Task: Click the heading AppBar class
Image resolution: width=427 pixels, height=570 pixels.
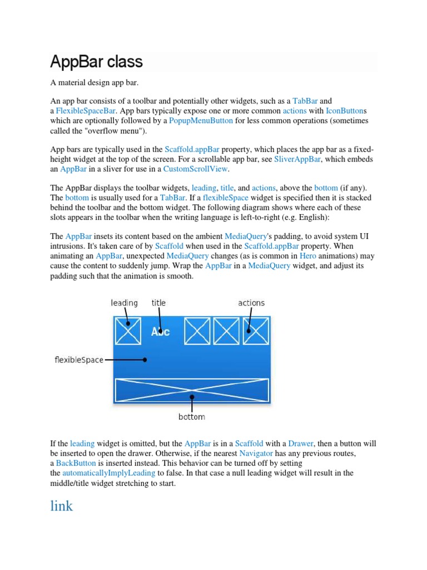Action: coord(96,61)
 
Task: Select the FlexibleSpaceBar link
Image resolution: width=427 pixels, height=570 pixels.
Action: coord(86,111)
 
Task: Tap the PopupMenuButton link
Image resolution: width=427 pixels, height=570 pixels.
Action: coord(201,120)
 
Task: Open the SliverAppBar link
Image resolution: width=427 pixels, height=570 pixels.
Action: coord(297,159)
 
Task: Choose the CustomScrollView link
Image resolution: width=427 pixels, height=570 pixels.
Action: coord(196,169)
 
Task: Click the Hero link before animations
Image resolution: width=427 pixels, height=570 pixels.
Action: coord(307,256)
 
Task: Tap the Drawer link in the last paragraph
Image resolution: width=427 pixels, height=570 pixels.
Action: coord(301,444)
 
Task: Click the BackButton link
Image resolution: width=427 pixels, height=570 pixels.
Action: coord(76,463)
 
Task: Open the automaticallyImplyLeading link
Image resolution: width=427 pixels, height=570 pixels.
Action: coord(108,473)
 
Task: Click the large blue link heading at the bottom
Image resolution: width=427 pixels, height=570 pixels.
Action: coord(61,506)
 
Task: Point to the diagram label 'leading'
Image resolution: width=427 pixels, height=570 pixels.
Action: coord(124,303)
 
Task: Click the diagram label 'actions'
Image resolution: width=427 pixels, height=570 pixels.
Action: coord(251,303)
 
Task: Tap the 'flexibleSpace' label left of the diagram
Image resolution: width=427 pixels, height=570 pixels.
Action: coord(79,360)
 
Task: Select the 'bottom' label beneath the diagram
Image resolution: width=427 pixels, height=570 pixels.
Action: coord(191,417)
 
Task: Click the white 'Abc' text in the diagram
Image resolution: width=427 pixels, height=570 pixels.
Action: coord(160,332)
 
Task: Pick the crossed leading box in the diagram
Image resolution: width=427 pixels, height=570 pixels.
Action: coord(128,331)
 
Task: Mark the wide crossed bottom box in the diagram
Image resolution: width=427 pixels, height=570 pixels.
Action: coord(191,390)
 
